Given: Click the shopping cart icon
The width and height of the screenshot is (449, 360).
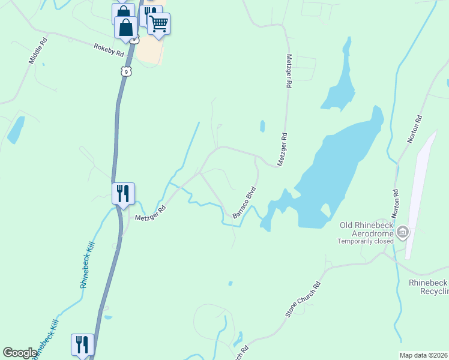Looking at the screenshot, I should (158, 24).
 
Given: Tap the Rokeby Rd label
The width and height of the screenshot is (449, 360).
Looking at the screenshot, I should (109, 50).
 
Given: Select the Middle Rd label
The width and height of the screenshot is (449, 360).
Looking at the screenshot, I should (37, 52).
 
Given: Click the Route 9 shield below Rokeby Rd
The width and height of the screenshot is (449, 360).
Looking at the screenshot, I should (125, 71).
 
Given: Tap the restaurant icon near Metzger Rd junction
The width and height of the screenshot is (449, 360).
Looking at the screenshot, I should (123, 193).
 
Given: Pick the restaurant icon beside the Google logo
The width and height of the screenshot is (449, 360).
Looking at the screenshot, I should (82, 344).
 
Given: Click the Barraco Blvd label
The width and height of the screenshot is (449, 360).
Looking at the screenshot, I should (244, 203).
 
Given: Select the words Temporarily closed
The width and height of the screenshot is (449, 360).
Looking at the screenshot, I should (364, 241).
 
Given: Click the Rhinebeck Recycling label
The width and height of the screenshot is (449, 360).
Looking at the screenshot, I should (428, 287).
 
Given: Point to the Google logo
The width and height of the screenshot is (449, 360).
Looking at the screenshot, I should (20, 353).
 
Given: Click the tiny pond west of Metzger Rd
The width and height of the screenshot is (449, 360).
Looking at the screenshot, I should (262, 126).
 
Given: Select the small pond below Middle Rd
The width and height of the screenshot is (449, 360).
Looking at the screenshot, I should (16, 130).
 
